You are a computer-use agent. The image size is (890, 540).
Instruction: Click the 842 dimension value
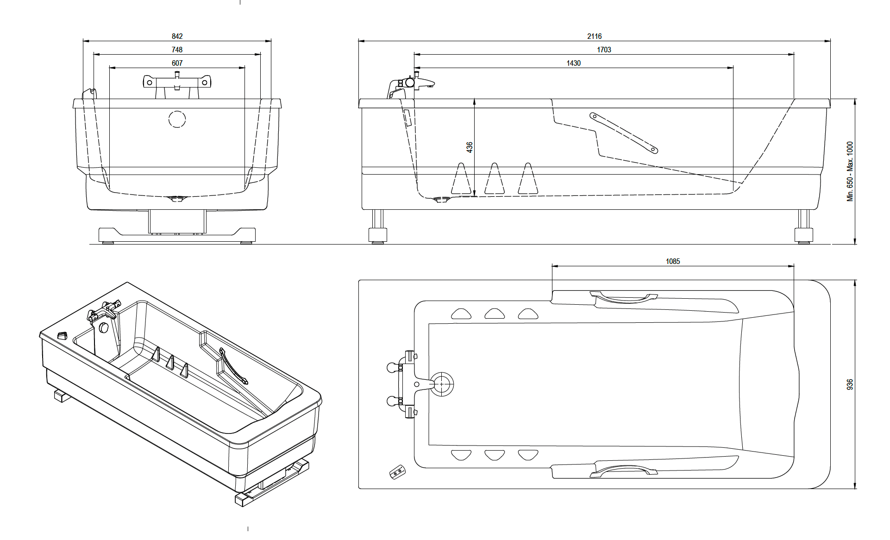pos(177,36)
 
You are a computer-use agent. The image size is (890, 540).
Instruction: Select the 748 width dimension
pos(177,50)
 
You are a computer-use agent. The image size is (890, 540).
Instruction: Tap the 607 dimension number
pos(177,63)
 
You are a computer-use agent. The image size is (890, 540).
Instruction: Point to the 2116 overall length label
pos(594,36)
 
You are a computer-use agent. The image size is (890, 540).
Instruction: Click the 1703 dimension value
pos(604,50)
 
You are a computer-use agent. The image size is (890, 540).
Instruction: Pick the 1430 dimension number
pos(573,63)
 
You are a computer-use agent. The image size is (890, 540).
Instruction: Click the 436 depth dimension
pos(470,147)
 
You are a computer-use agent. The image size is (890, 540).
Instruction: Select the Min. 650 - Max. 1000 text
pos(850,171)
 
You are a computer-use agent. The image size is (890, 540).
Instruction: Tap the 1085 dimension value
pos(673,261)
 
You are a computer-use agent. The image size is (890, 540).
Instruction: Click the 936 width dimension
pos(850,384)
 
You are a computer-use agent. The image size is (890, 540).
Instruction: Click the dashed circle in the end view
pos(177,119)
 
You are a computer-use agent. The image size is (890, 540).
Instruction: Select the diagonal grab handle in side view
pos(623,132)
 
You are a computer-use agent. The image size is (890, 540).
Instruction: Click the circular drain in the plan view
pos(442,384)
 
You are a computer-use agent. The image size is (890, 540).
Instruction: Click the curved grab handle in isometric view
pos(234,366)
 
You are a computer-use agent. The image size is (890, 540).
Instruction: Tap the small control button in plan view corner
pos(397,473)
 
